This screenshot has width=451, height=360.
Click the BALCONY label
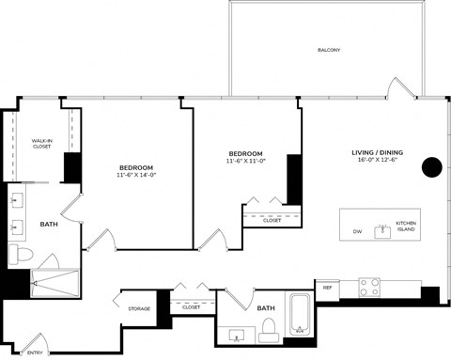tap(328, 50)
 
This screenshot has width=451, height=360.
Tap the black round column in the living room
tap(431, 167)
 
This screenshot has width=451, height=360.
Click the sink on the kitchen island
tap(382, 229)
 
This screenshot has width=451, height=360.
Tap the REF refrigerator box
tap(327, 288)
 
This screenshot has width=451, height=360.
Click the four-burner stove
tap(369, 286)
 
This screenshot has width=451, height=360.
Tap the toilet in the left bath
tap(21, 255)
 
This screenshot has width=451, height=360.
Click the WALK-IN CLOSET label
tap(41, 143)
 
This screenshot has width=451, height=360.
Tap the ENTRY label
tap(35, 352)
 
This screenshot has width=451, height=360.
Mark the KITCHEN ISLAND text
tap(405, 227)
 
